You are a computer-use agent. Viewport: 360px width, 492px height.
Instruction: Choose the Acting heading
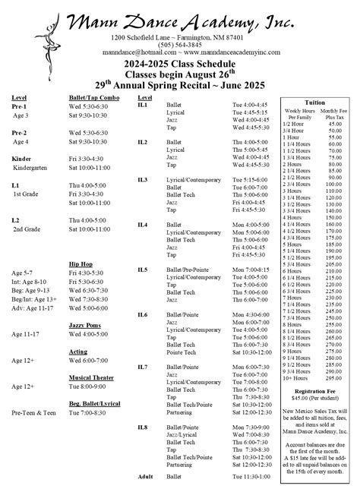78,352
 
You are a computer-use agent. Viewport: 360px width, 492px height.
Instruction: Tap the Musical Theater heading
92,377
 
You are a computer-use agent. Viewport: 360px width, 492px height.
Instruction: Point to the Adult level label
145,475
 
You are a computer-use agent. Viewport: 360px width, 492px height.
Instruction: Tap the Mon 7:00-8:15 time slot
250,270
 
